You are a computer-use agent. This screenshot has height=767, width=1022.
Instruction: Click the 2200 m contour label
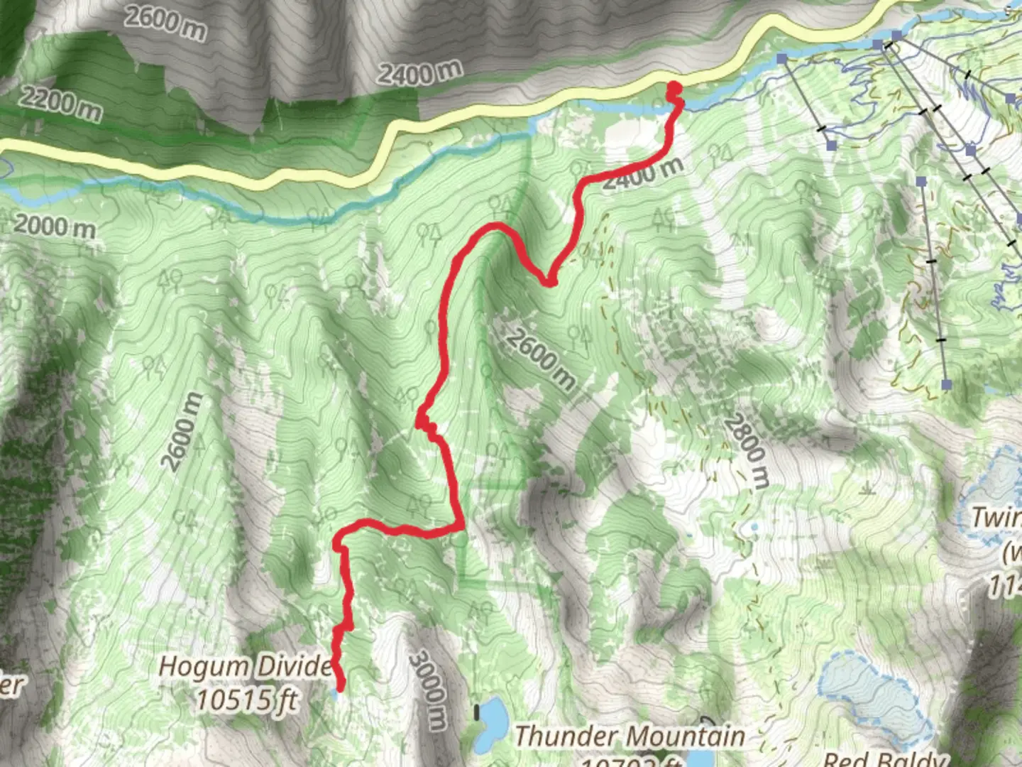[x=60, y=102]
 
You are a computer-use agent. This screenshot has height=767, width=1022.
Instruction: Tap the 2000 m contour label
[x=54, y=227]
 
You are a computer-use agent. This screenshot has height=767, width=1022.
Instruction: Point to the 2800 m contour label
[x=746, y=451]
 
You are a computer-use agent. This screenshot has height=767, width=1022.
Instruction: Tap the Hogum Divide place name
[x=245, y=667]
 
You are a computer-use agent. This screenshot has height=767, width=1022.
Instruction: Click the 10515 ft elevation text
[x=246, y=700]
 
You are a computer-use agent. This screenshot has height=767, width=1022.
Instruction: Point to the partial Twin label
[x=996, y=517]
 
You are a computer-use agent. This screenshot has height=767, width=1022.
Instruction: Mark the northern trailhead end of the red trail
[x=674, y=88]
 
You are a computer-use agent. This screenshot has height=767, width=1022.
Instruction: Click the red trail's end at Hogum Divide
[x=340, y=687]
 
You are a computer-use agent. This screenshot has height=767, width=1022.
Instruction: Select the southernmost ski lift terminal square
[x=946, y=384]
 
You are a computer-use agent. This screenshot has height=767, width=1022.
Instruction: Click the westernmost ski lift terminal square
[x=782, y=58]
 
